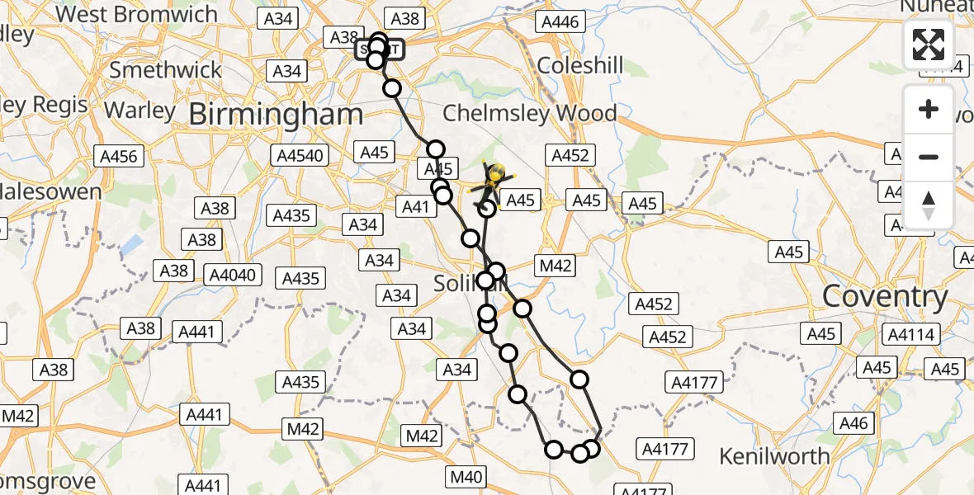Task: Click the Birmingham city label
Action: (x=276, y=115)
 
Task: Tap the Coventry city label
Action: (x=885, y=297)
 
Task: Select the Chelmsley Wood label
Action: (x=530, y=113)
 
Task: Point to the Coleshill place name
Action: (x=580, y=66)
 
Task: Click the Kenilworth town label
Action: (x=774, y=455)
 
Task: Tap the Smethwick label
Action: (x=166, y=69)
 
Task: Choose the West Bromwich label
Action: (x=136, y=14)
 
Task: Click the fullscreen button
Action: (x=929, y=45)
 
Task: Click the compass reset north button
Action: (x=929, y=205)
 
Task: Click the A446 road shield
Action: (x=558, y=22)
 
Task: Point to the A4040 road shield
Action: (x=234, y=274)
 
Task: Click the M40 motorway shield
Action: (x=466, y=476)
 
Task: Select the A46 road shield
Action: (x=853, y=423)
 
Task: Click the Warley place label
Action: (x=140, y=110)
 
